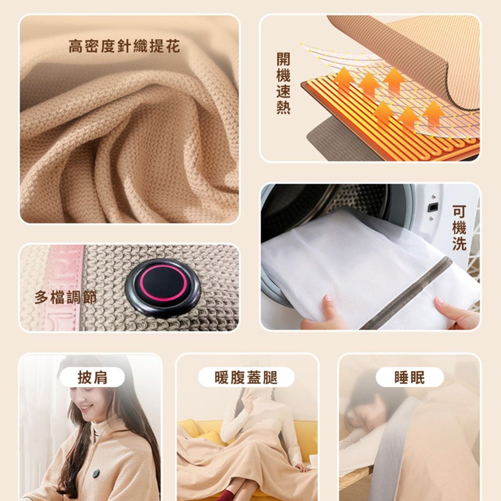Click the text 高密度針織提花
click(x=124, y=46)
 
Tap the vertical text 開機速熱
click(x=283, y=83)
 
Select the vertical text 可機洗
click(x=459, y=228)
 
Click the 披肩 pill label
click(x=92, y=377)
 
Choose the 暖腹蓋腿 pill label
click(x=246, y=377)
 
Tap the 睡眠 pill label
click(x=410, y=377)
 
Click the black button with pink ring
click(x=163, y=283)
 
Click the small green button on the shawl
click(x=96, y=474)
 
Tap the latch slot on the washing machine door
click(x=433, y=207)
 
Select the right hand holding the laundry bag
click(x=457, y=313)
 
